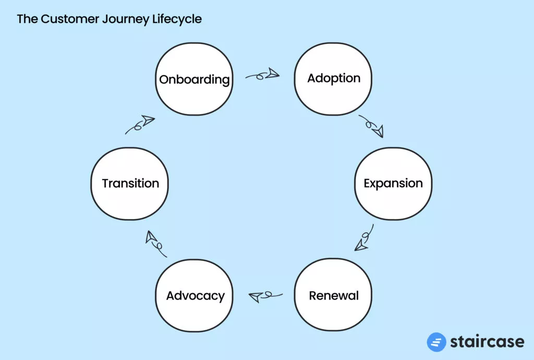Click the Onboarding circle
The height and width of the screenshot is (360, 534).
tap(194, 79)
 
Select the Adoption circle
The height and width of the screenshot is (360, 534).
tap(333, 79)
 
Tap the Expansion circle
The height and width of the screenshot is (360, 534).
tap(393, 183)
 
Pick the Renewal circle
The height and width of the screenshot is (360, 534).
tap(333, 296)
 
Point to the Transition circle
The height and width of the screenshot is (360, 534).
tap(130, 183)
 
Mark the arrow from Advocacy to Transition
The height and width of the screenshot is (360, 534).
tap(155, 243)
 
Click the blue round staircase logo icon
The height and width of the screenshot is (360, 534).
tap(436, 342)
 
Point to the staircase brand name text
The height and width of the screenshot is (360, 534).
tap(487, 342)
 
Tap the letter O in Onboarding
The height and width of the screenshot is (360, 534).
tap(164, 80)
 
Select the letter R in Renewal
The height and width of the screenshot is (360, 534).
tap(313, 296)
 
